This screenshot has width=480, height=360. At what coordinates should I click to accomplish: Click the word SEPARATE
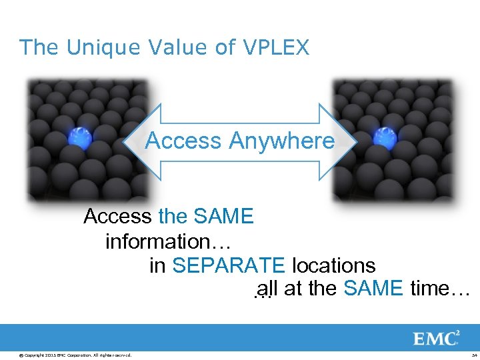(x=228, y=265)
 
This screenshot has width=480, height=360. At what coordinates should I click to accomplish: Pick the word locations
(x=333, y=265)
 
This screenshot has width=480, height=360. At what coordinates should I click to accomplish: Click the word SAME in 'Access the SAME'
(x=223, y=217)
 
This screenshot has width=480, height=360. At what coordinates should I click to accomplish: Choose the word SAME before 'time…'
(x=373, y=289)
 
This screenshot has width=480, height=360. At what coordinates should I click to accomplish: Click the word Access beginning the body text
(x=117, y=217)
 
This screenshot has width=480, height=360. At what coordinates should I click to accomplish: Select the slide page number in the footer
(x=473, y=354)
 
